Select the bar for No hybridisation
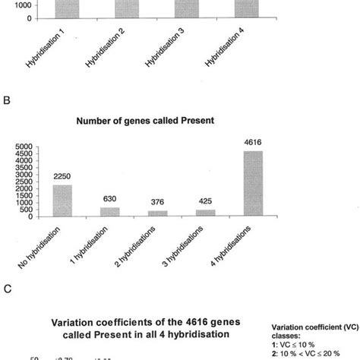[64, 201]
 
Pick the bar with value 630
[111, 212]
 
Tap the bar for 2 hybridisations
[158, 213]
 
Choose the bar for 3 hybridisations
[205, 213]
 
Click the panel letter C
[8, 289]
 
